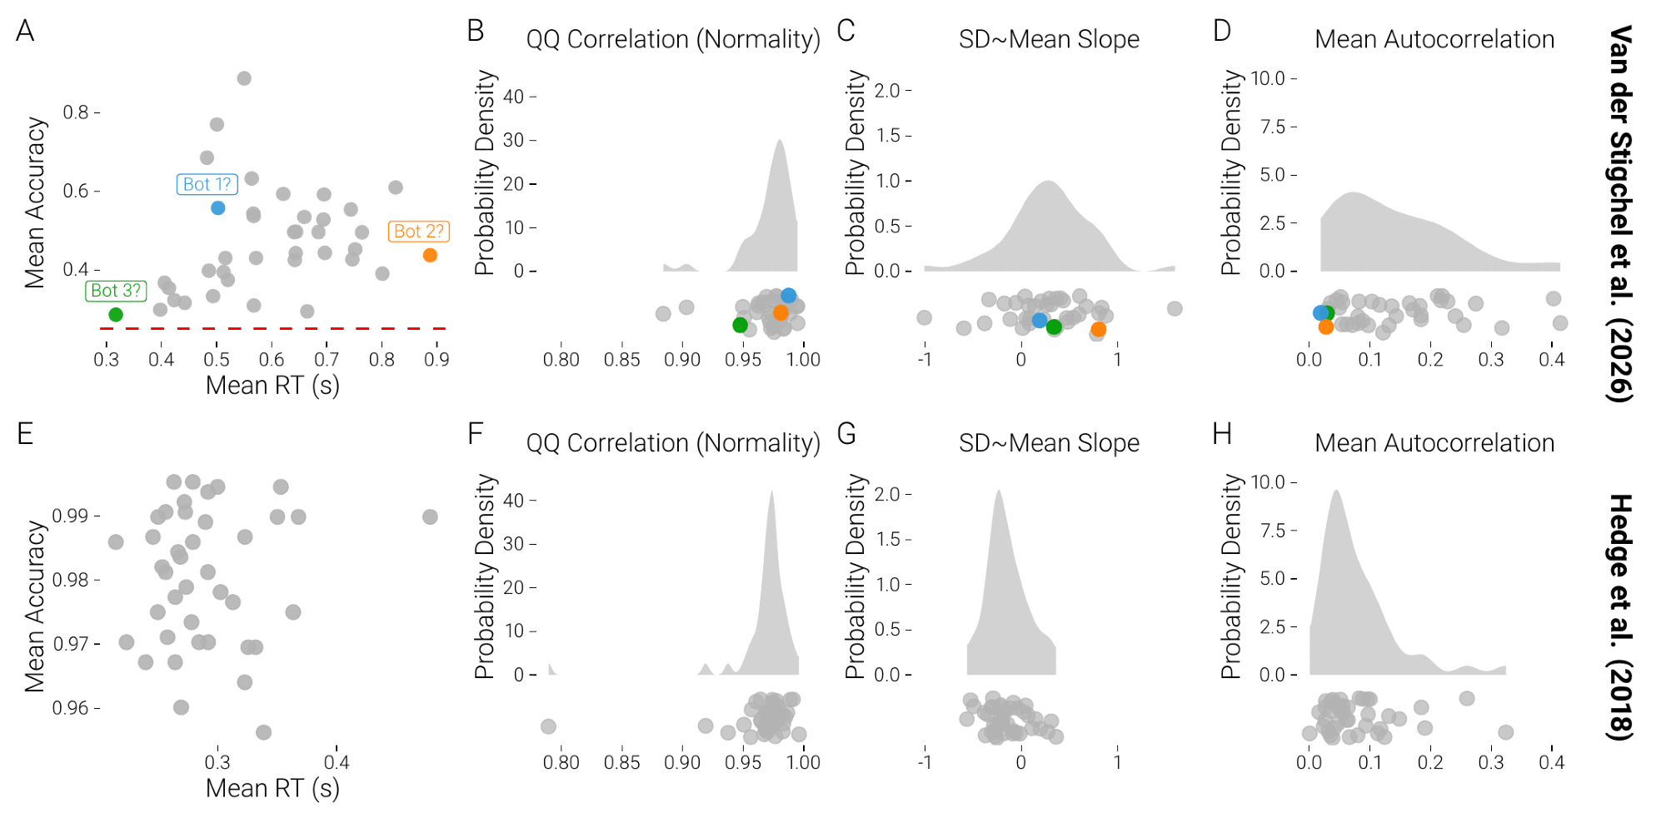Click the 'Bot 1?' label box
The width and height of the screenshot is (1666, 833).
tap(207, 184)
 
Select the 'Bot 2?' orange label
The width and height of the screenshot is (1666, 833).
tap(418, 231)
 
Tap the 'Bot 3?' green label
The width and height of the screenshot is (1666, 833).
tap(116, 291)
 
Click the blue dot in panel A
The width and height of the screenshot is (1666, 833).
tap(217, 207)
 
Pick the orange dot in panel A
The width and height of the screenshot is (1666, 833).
tap(430, 255)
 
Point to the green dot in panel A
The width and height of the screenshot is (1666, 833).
tap(116, 314)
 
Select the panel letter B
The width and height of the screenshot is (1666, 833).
tap(476, 32)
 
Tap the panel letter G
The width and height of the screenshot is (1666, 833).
tap(846, 434)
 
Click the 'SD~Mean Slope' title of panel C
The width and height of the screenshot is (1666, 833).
tap(1049, 39)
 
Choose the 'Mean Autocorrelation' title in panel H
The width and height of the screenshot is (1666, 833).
tap(1434, 443)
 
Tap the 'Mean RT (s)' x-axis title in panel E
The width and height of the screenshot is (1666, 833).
tap(272, 788)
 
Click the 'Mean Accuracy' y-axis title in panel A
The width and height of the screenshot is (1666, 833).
tap(35, 202)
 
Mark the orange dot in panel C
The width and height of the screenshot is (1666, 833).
tap(1099, 329)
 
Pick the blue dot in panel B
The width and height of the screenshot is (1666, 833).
tap(788, 296)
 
